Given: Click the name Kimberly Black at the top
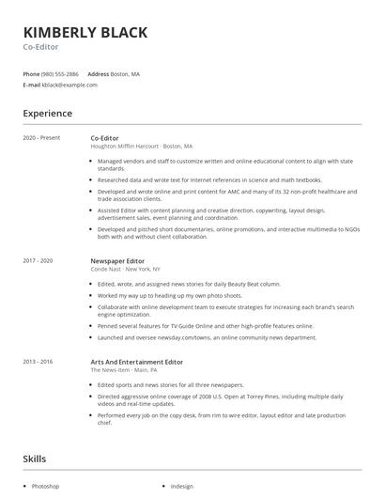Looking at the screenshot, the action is coord(85,33).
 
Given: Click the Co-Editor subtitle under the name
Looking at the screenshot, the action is coord(42,48).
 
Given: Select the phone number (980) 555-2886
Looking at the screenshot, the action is coord(60,73).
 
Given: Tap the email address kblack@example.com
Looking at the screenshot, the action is coord(69,85).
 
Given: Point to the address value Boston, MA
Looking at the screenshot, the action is coord(125,73).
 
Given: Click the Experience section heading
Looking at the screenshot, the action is coord(47,114).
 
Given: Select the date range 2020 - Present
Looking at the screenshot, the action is coord(41,138).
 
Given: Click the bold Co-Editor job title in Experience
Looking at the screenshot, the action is coord(106,138).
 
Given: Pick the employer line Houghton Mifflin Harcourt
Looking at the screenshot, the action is coord(141,147).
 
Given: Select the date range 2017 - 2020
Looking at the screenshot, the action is coord(38,260).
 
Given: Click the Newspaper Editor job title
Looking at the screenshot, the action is coord(117,260).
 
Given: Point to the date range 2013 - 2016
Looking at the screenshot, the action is coord(38,362).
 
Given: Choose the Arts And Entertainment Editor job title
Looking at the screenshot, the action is coord(136,362).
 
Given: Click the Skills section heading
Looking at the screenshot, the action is coord(36,458).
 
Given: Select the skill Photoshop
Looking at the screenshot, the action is coord(46,486).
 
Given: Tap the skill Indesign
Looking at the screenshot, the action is coord(182,486).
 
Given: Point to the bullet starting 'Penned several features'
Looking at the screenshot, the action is coord(205,325).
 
